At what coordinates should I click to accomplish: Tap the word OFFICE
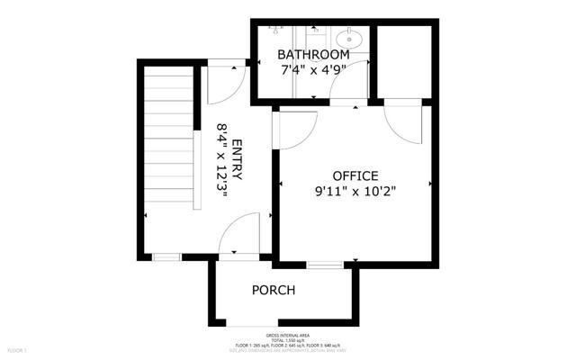355,175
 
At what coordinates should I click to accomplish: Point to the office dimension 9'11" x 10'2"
355,191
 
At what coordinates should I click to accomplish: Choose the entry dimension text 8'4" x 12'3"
220,162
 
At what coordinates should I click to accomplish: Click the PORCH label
274,290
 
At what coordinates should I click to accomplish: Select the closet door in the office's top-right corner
402,124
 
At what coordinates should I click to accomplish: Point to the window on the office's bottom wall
324,265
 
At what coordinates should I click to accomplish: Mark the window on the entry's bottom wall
166,256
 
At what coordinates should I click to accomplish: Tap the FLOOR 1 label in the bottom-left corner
17,349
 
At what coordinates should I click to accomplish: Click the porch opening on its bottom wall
253,325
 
